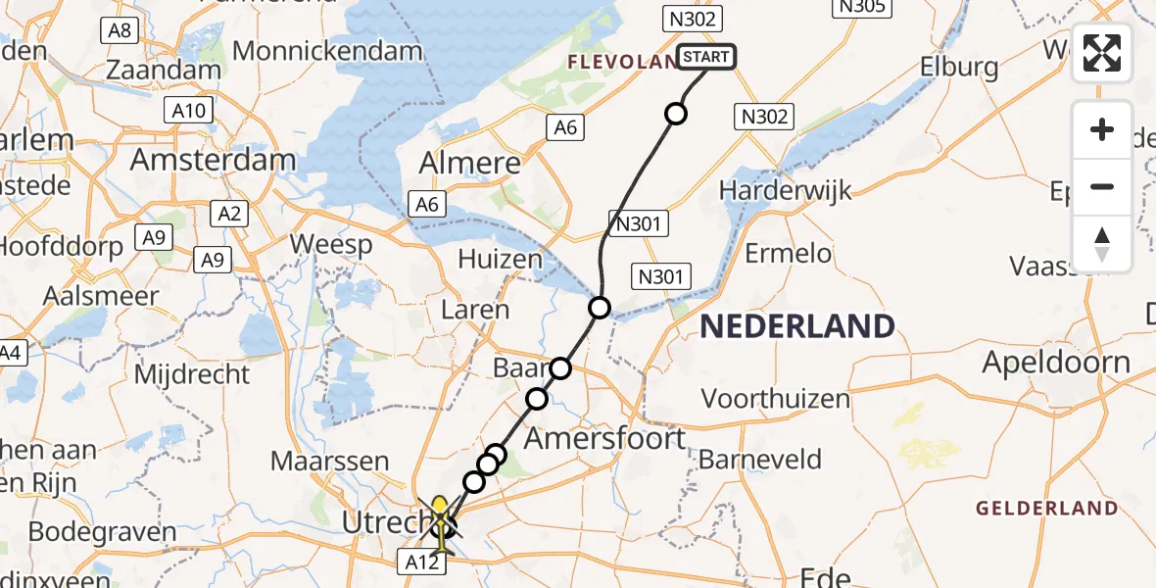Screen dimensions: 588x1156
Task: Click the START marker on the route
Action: pos(705,57)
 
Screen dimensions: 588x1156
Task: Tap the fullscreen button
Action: pos(1102,53)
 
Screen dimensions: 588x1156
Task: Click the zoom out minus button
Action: pos(1102,186)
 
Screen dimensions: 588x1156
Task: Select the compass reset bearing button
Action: pos(1102,243)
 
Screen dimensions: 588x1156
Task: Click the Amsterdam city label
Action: pos(213,160)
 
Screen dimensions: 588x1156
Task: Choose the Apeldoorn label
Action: pos(1056,363)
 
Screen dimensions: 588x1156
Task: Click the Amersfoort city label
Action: pos(605,438)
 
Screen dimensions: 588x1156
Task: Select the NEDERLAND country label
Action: pos(796,326)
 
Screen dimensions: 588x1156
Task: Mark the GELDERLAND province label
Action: pos(1046,508)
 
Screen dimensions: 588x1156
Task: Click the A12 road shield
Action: pos(416,561)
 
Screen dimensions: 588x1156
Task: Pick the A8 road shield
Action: pos(119,30)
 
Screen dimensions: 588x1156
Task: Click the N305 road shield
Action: pos(861,8)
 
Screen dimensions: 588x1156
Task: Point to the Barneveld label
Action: pos(760,459)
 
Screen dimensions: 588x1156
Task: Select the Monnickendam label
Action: pos(327,51)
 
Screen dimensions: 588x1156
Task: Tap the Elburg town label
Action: pos(959,68)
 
